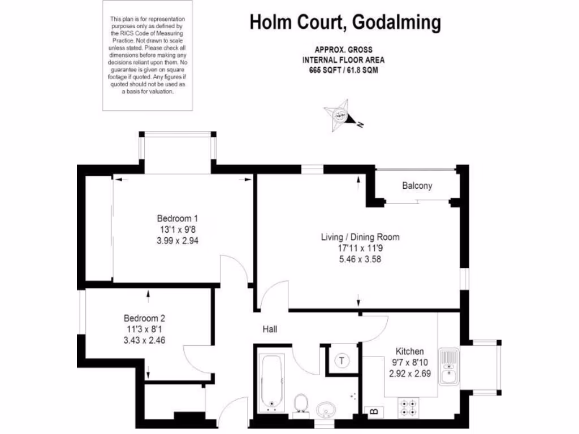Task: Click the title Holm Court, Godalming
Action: tap(345, 23)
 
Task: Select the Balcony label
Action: tap(417, 185)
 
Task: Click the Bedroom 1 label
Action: tap(177, 218)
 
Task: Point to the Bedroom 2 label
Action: tap(145, 318)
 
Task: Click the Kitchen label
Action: tap(409, 351)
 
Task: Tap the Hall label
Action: tap(269, 329)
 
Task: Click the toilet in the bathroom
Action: tap(301, 404)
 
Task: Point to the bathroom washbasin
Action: tap(326, 408)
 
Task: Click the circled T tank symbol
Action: tap(343, 359)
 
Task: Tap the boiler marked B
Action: tap(374, 411)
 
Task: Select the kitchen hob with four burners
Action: tap(410, 408)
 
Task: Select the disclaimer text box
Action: tap(146, 55)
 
